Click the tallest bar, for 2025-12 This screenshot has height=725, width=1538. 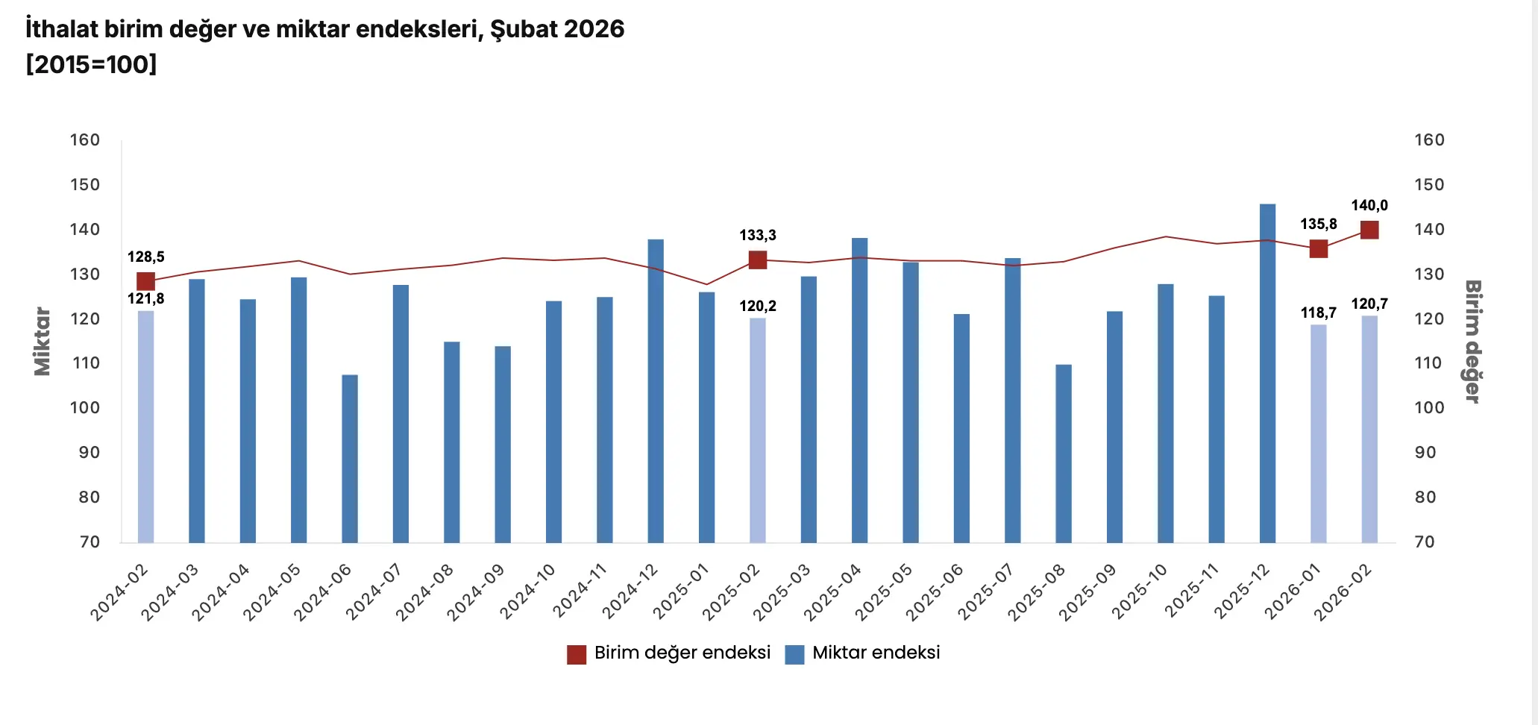1267,373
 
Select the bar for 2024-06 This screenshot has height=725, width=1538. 350,459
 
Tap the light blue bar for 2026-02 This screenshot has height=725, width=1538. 1369,429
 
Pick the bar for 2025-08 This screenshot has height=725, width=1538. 1064,453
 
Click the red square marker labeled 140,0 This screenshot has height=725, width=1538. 1369,230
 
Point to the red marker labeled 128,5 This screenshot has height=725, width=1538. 145,281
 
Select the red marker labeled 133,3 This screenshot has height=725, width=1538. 758,260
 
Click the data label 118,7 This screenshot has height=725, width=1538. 1318,313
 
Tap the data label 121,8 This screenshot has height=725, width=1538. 145,298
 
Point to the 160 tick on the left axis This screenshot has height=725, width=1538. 85,140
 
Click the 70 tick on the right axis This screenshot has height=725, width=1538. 1425,542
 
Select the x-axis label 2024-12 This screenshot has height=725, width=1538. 631,591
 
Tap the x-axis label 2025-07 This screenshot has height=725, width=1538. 986,591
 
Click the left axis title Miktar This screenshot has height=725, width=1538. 43,341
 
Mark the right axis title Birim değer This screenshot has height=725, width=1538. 1472,341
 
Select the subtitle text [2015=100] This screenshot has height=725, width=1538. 91,65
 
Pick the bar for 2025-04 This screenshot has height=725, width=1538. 859,390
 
